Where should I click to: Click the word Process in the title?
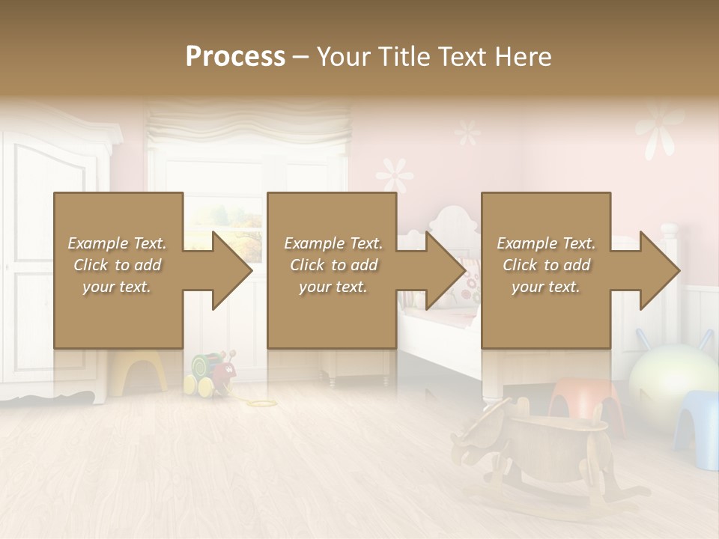[235, 57]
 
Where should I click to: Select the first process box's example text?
[117, 265]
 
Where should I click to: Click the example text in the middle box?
[333, 265]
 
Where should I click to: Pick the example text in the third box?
[546, 265]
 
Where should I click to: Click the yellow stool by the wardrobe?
[139, 371]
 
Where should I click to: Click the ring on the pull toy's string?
[263, 404]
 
